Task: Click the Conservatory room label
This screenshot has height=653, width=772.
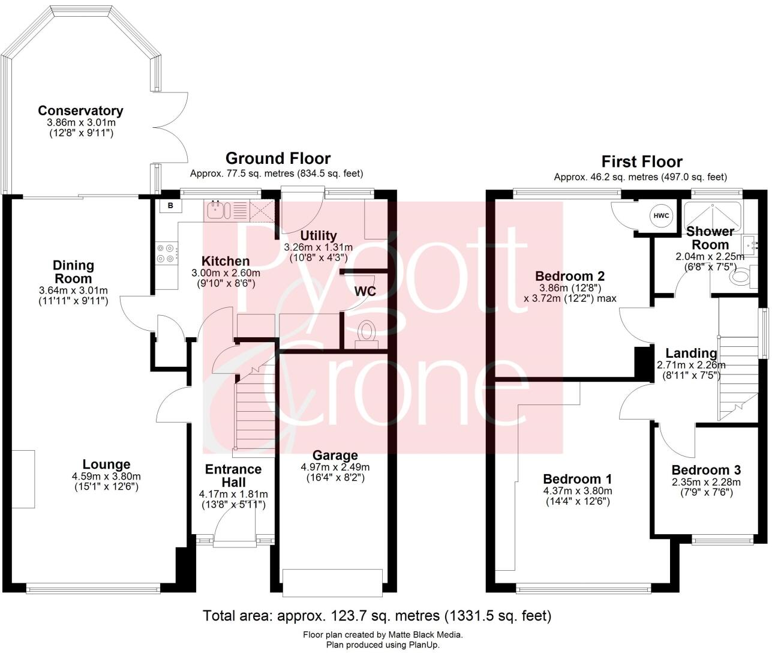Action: click(x=80, y=110)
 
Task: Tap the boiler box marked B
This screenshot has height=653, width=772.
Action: click(x=170, y=206)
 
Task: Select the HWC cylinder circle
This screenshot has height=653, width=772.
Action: click(x=660, y=216)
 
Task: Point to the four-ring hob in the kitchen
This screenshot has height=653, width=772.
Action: click(x=166, y=253)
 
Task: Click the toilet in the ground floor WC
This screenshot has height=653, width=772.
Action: click(x=365, y=332)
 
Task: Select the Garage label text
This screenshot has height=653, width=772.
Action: click(x=335, y=456)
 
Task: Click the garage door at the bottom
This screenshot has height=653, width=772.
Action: click(x=333, y=583)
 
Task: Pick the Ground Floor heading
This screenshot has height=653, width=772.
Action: click(x=278, y=158)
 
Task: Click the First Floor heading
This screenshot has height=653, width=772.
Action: click(x=641, y=161)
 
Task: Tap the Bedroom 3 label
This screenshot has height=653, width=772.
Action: click(x=705, y=470)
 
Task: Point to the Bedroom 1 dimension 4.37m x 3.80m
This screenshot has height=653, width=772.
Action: click(x=577, y=490)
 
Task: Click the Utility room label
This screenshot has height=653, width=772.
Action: click(x=319, y=235)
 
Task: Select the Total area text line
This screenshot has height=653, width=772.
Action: click(x=377, y=615)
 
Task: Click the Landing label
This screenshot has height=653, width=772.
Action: click(x=691, y=353)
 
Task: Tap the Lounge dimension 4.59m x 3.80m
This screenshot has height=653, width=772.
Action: click(x=106, y=476)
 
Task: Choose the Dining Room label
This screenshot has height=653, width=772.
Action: click(x=73, y=272)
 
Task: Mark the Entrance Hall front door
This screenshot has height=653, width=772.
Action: click(x=235, y=540)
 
